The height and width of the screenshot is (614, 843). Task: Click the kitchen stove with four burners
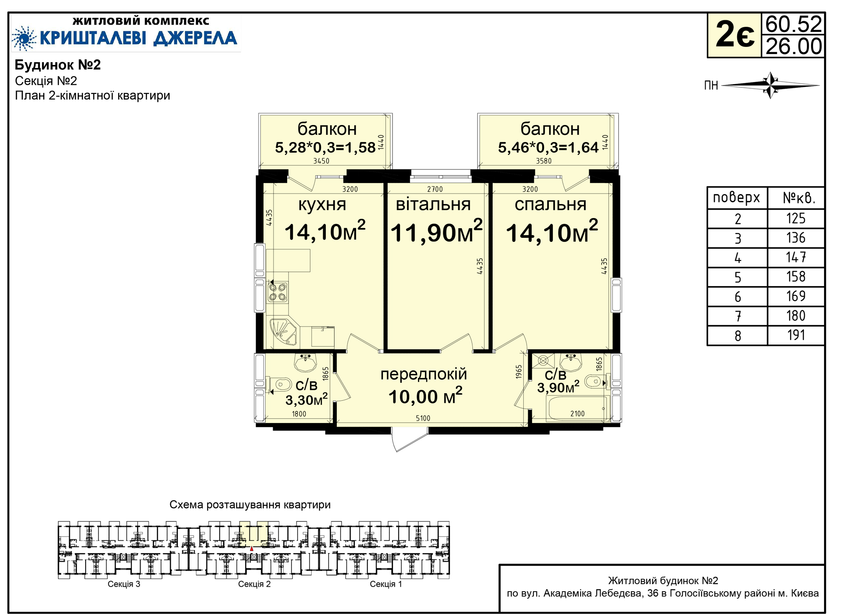pos(277,292)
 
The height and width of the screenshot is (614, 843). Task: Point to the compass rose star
pos(771,85)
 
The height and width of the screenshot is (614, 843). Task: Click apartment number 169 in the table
pos(796,296)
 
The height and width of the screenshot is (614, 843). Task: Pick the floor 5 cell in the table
pos(738,277)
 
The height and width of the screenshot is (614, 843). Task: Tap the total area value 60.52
pos(793,25)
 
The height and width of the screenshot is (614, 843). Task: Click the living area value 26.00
pos(793,47)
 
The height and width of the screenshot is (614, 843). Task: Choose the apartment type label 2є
pos(735,35)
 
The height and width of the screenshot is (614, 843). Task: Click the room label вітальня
pos(433,205)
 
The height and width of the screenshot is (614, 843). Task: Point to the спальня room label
pos(551,205)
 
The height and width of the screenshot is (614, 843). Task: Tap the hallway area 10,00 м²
pos(425,396)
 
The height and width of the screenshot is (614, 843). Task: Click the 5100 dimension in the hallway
pos(423,418)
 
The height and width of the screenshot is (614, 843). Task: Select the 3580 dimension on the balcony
pos(544,161)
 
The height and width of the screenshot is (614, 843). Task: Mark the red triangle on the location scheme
pos(252,549)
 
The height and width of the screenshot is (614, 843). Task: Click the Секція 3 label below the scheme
pos(124,584)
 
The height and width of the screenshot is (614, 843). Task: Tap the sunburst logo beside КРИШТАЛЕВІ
pos(24,38)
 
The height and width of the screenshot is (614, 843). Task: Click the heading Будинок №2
pos(58,65)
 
